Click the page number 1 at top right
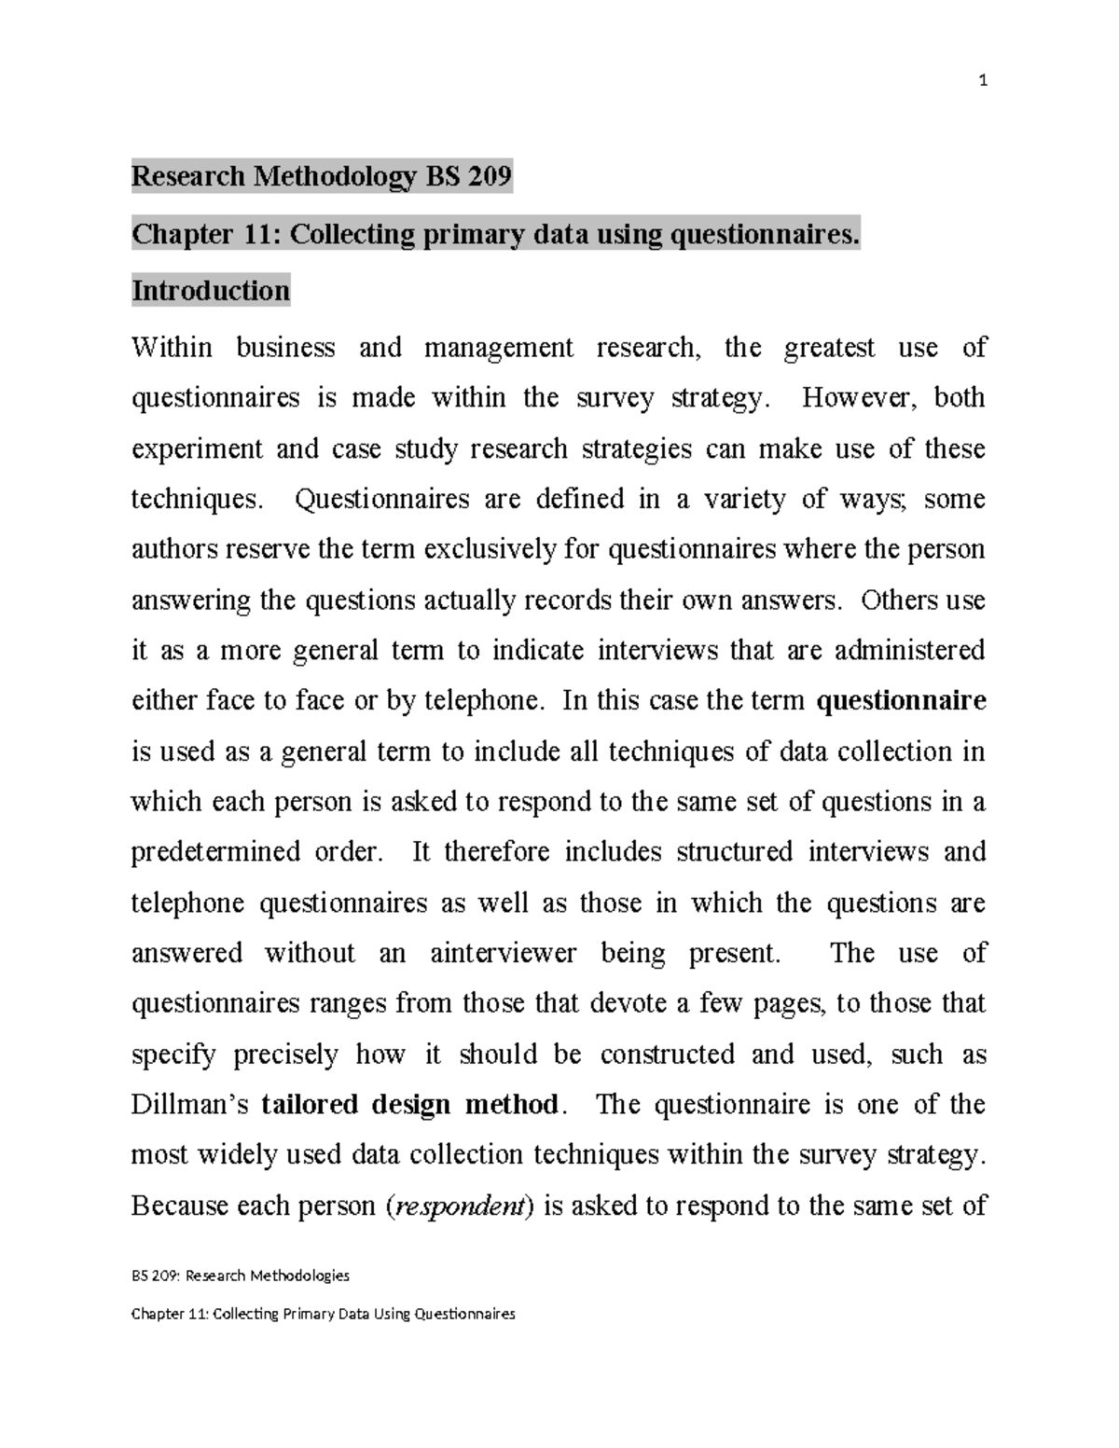tap(982, 81)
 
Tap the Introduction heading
tap(211, 291)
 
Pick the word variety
tap(741, 500)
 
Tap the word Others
tap(900, 600)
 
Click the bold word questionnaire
tap(901, 701)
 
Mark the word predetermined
tap(214, 852)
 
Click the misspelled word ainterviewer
tap(504, 953)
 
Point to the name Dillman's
tap(190, 1105)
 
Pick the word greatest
tap(829, 348)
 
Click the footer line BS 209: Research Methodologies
tap(241, 1275)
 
